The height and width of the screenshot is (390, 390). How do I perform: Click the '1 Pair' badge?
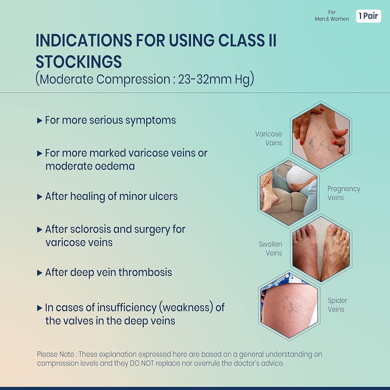[368, 16]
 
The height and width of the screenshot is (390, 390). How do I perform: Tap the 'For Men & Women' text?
[332, 16]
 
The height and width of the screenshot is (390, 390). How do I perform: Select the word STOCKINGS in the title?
[79, 62]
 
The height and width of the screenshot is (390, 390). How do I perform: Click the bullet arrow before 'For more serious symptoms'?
[40, 121]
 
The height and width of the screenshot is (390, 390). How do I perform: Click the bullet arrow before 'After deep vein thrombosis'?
[40, 273]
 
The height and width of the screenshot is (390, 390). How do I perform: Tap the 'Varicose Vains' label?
[269, 138]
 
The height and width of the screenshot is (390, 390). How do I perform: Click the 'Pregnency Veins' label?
[343, 193]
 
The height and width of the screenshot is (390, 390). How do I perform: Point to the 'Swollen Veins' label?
[271, 249]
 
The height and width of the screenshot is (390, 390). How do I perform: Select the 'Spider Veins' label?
[337, 305]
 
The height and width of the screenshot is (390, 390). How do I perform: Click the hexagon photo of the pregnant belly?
[289, 192]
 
